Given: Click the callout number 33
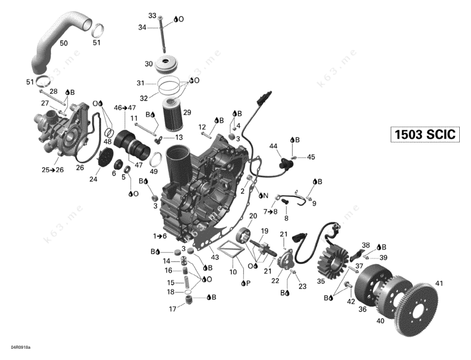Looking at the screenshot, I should tap(153, 15).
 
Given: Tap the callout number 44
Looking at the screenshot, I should tap(274, 146).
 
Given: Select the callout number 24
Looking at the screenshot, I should tap(94, 179).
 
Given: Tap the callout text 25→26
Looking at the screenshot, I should tap(53, 169).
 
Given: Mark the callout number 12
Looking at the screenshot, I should tap(202, 127).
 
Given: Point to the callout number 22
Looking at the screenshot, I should tap(275, 280).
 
